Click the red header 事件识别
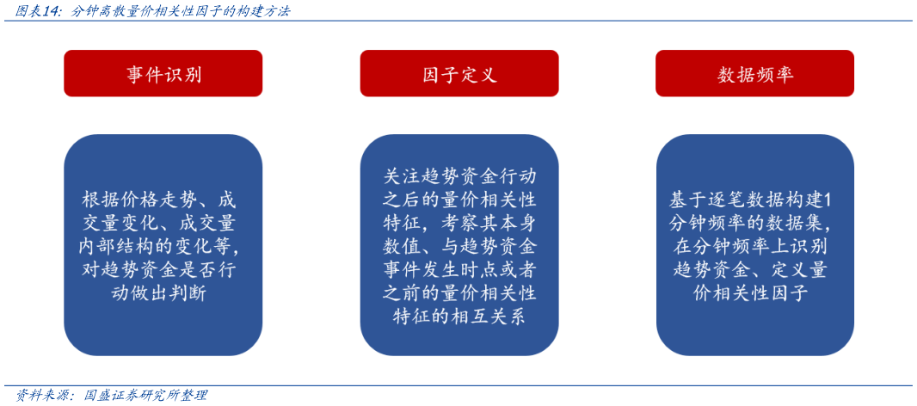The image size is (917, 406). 163,74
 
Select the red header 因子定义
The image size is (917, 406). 459,74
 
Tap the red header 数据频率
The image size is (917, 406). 754,74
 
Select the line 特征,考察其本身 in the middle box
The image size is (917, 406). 459,223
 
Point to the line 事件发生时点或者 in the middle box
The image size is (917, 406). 459,270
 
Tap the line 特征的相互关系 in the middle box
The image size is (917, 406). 459,317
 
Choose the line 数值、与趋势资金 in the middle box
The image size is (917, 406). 459,246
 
